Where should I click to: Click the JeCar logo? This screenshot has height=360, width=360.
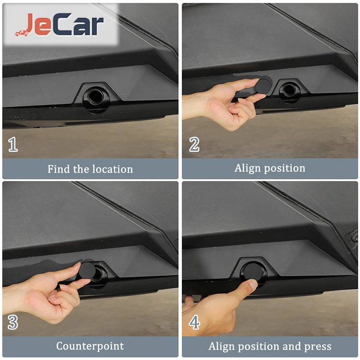(59, 25)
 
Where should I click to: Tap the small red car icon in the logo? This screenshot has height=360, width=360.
(22, 33)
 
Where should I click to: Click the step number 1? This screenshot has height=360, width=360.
(13, 144)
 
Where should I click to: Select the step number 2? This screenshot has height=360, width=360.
(194, 144)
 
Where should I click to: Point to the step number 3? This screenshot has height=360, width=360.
(13, 322)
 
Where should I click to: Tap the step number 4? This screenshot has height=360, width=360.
(194, 322)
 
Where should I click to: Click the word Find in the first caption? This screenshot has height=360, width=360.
(58, 169)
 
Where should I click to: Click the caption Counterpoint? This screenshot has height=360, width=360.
(90, 346)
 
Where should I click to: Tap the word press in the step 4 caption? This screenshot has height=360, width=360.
(318, 346)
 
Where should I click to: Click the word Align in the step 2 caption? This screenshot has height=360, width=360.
(247, 168)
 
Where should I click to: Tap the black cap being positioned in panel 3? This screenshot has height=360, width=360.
(87, 270)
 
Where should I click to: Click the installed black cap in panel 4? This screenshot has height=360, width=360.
(253, 271)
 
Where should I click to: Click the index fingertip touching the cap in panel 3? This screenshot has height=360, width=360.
(76, 266)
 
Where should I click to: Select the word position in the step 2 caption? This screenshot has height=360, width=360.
(285, 168)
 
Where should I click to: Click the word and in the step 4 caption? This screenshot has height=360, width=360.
(292, 346)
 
